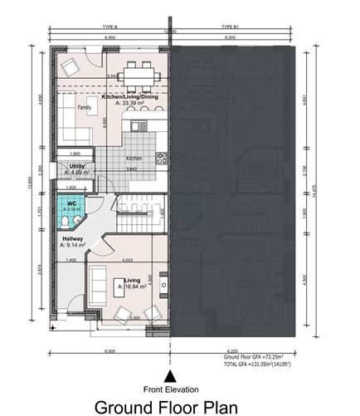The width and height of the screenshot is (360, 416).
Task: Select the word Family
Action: click(85, 108)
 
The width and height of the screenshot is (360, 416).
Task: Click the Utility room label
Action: click(78, 166)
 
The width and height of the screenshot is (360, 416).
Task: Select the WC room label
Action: click(72, 203)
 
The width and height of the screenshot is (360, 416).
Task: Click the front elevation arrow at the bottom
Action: click(171, 352)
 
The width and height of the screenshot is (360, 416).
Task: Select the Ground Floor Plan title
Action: click(166, 406)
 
